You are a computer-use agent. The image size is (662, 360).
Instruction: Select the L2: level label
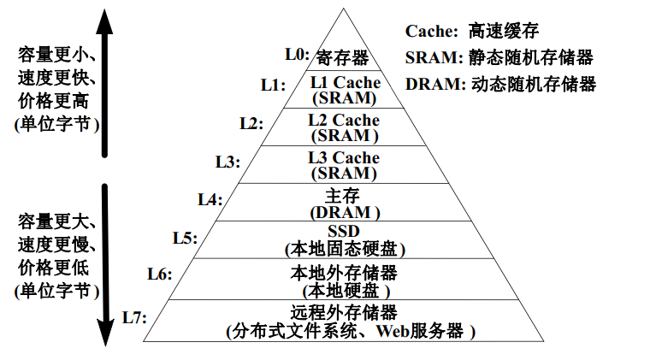point(251,123)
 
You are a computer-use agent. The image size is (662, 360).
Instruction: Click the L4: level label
point(210,199)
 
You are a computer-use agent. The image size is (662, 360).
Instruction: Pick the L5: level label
point(185,237)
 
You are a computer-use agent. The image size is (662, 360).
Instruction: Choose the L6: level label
point(160,274)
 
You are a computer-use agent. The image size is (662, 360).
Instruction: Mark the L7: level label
point(135,317)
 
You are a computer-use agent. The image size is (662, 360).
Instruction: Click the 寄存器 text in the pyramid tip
point(342,57)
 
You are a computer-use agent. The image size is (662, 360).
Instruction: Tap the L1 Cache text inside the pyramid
point(345,82)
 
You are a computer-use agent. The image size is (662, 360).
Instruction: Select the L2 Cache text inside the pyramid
point(344,121)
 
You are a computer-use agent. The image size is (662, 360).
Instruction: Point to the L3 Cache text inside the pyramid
point(344,158)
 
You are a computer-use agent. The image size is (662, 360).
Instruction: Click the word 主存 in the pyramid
point(344,196)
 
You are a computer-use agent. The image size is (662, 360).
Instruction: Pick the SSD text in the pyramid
point(344,233)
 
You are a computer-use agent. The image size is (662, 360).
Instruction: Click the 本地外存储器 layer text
point(344,273)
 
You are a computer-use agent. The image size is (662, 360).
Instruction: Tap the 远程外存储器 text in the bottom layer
point(344,312)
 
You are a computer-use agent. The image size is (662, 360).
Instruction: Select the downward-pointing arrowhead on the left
point(104,335)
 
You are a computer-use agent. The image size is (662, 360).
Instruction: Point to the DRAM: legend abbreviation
point(435,84)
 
